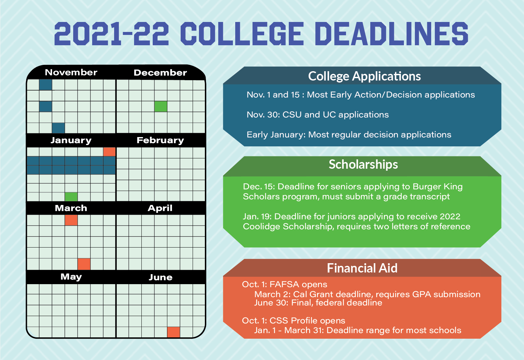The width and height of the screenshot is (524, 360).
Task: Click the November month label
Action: (71, 73)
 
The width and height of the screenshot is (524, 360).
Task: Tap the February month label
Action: (160, 140)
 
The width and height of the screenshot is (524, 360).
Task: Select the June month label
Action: (160, 277)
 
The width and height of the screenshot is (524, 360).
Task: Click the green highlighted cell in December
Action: (161, 106)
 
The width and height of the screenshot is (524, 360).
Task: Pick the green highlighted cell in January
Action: (71, 197)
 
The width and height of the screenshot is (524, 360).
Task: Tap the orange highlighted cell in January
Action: (109, 152)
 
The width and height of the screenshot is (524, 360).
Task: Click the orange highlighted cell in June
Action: (173, 332)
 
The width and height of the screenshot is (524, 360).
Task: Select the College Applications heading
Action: (364, 76)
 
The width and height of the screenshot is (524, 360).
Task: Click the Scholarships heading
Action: (363, 164)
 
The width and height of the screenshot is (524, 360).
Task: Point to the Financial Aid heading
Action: (362, 268)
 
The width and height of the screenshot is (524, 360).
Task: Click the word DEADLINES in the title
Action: (391, 34)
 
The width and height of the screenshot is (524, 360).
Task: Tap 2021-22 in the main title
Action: (112, 34)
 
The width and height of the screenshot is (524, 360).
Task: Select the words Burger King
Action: (437, 187)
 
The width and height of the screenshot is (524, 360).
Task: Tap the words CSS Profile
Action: (293, 321)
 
